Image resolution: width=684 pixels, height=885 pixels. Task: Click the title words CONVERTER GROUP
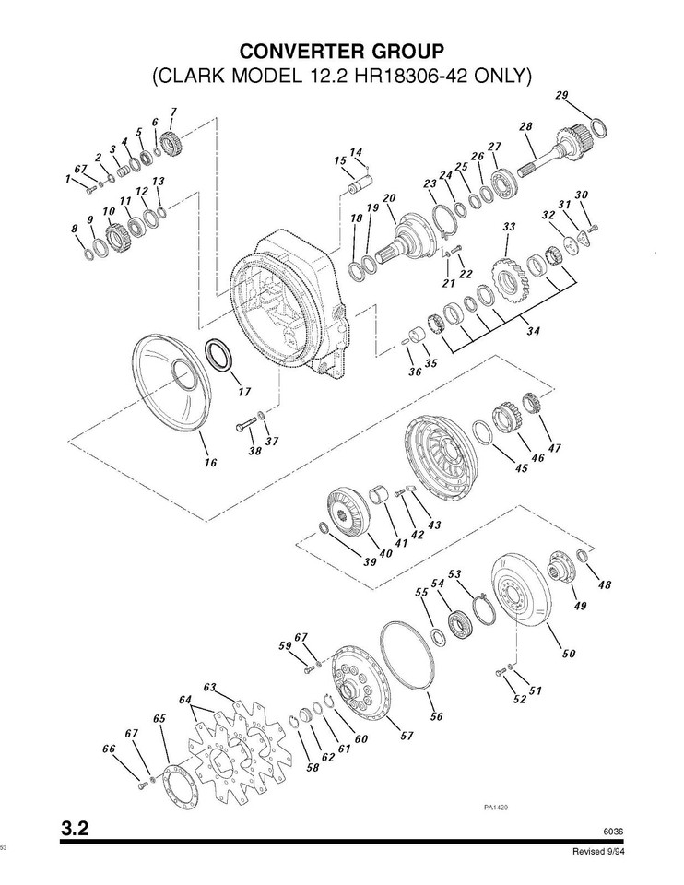coord(341,49)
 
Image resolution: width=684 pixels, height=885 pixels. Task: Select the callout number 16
coord(211,462)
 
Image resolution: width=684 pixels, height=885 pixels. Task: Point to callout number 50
coord(569,654)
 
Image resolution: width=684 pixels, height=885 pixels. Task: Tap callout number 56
coord(436,714)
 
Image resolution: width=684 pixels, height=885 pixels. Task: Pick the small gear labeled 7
coord(168,144)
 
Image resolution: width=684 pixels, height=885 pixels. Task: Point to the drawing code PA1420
coord(497,806)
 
